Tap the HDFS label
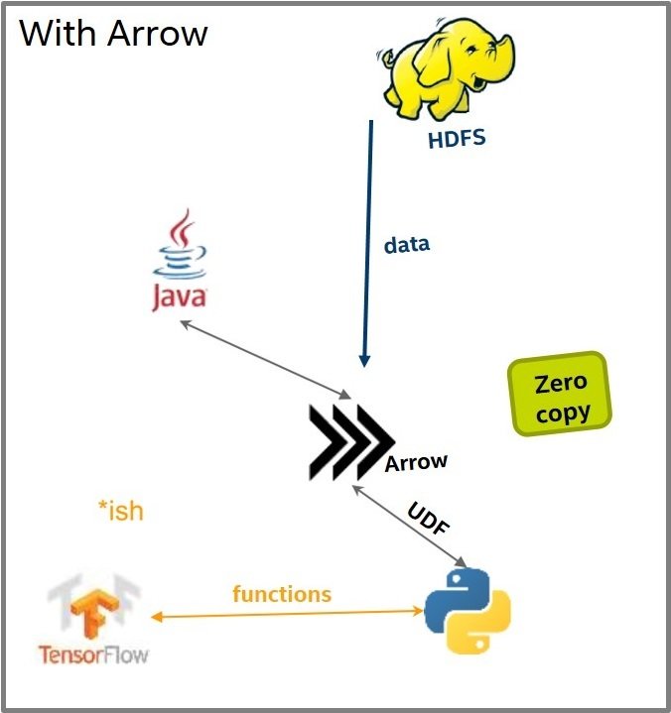pos(457,138)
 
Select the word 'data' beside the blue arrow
pos(406,243)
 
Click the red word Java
pos(180,297)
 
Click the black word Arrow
pos(416,462)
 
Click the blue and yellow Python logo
pos(467,609)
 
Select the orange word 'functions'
pos(282,594)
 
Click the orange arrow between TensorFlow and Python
pos(288,615)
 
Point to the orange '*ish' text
pos(120,511)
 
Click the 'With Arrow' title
pos(113,33)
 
